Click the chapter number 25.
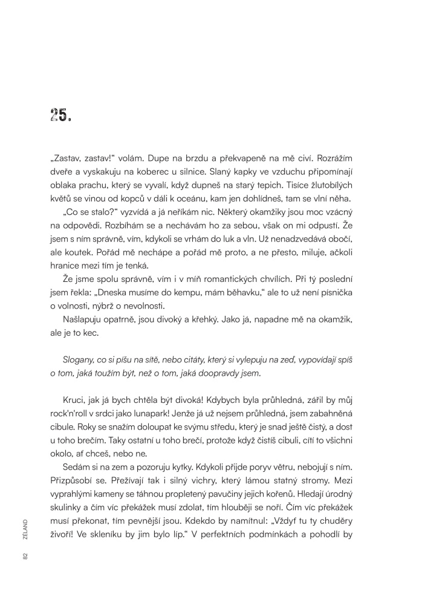61,116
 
